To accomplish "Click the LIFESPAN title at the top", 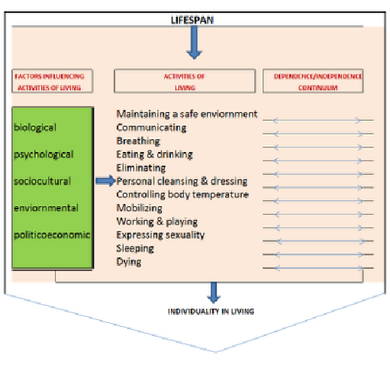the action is click(192, 20).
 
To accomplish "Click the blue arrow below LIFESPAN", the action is click(194, 43).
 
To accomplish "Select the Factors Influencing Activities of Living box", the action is click(52, 81).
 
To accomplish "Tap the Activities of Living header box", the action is click(185, 81).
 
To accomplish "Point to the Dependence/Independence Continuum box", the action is click(313, 81).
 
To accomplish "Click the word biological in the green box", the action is click(35, 128).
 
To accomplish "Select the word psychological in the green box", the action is click(44, 154).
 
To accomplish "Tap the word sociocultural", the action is click(42, 181).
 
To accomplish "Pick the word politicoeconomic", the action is click(52, 235).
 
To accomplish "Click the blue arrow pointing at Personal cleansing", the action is click(105, 181).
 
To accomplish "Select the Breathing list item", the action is click(138, 141).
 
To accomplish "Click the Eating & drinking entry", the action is click(154, 154).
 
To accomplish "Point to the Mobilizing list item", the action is click(139, 209).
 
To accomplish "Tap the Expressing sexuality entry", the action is click(160, 235).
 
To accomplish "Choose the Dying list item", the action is click(129, 262).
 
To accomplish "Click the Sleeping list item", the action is click(135, 248).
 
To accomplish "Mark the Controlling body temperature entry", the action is click(182, 195).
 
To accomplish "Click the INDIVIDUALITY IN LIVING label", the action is click(211, 312).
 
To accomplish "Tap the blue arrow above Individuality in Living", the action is click(214, 293).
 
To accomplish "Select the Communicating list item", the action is click(151, 128).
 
